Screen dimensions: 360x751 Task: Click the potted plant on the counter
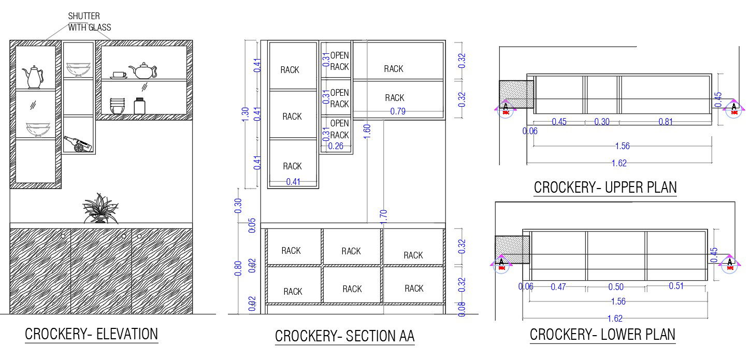(100, 209)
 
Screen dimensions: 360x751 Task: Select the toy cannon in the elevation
(78, 144)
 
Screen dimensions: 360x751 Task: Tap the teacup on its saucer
(119, 75)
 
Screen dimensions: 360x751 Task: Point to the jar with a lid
(139, 106)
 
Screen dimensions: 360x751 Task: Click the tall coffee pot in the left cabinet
(34, 77)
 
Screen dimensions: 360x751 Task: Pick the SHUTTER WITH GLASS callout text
(89, 22)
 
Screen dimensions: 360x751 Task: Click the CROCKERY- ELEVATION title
(91, 334)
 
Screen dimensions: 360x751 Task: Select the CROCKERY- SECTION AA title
(344, 336)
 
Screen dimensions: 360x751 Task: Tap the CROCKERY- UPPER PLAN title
(605, 187)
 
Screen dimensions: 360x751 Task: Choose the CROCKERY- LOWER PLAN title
(602, 335)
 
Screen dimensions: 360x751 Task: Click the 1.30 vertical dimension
(245, 114)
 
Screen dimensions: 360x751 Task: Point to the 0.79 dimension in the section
(398, 111)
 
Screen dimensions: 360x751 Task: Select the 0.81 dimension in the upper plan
(666, 122)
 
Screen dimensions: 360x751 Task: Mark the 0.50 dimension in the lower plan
(616, 286)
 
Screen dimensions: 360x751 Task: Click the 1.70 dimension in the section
(383, 216)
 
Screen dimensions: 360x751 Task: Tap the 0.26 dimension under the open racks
(336, 146)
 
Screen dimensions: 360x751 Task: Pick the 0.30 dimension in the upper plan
(602, 122)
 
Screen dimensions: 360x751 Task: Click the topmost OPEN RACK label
(339, 61)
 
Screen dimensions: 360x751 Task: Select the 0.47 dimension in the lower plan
(558, 286)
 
